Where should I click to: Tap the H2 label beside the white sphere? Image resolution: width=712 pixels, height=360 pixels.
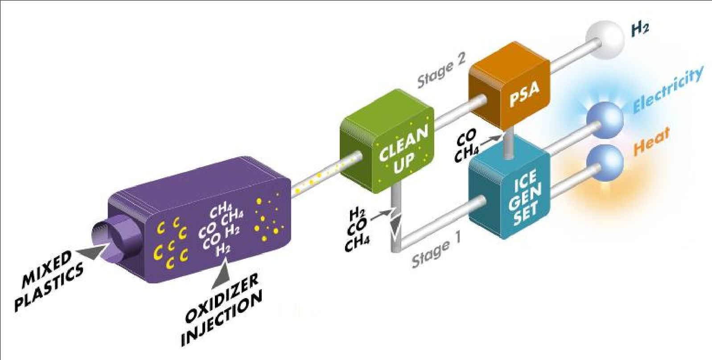point(639,29)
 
